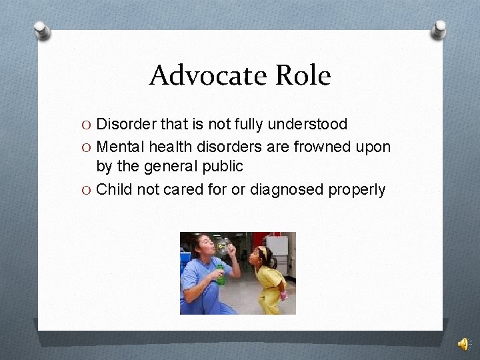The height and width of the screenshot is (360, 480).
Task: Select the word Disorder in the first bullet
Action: pyautogui.click(x=123, y=124)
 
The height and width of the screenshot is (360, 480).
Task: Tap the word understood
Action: pyautogui.click(x=311, y=124)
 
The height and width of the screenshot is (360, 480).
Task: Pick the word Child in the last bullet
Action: pyautogui.click(x=115, y=189)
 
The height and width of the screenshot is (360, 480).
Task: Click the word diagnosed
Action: pyautogui.click(x=287, y=189)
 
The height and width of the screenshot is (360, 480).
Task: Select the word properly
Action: pyautogui.click(x=357, y=189)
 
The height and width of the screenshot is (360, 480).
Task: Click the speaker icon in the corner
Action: pyautogui.click(x=463, y=344)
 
